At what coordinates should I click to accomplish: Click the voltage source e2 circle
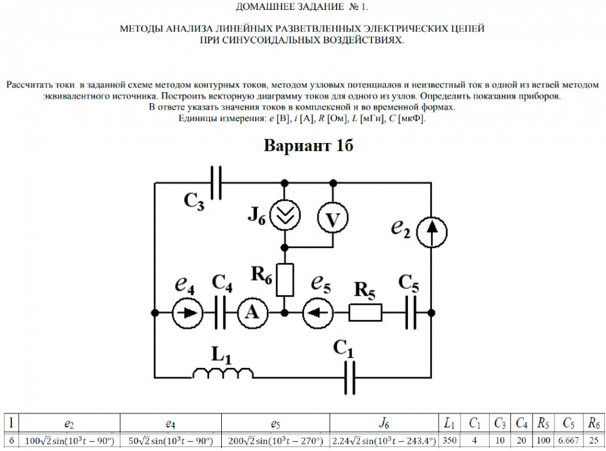click(431, 232)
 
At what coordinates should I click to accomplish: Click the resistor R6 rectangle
click(285, 279)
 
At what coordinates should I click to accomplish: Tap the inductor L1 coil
click(222, 372)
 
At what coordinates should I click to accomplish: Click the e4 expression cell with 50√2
click(170, 440)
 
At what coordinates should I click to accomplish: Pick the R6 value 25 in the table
click(594, 440)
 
